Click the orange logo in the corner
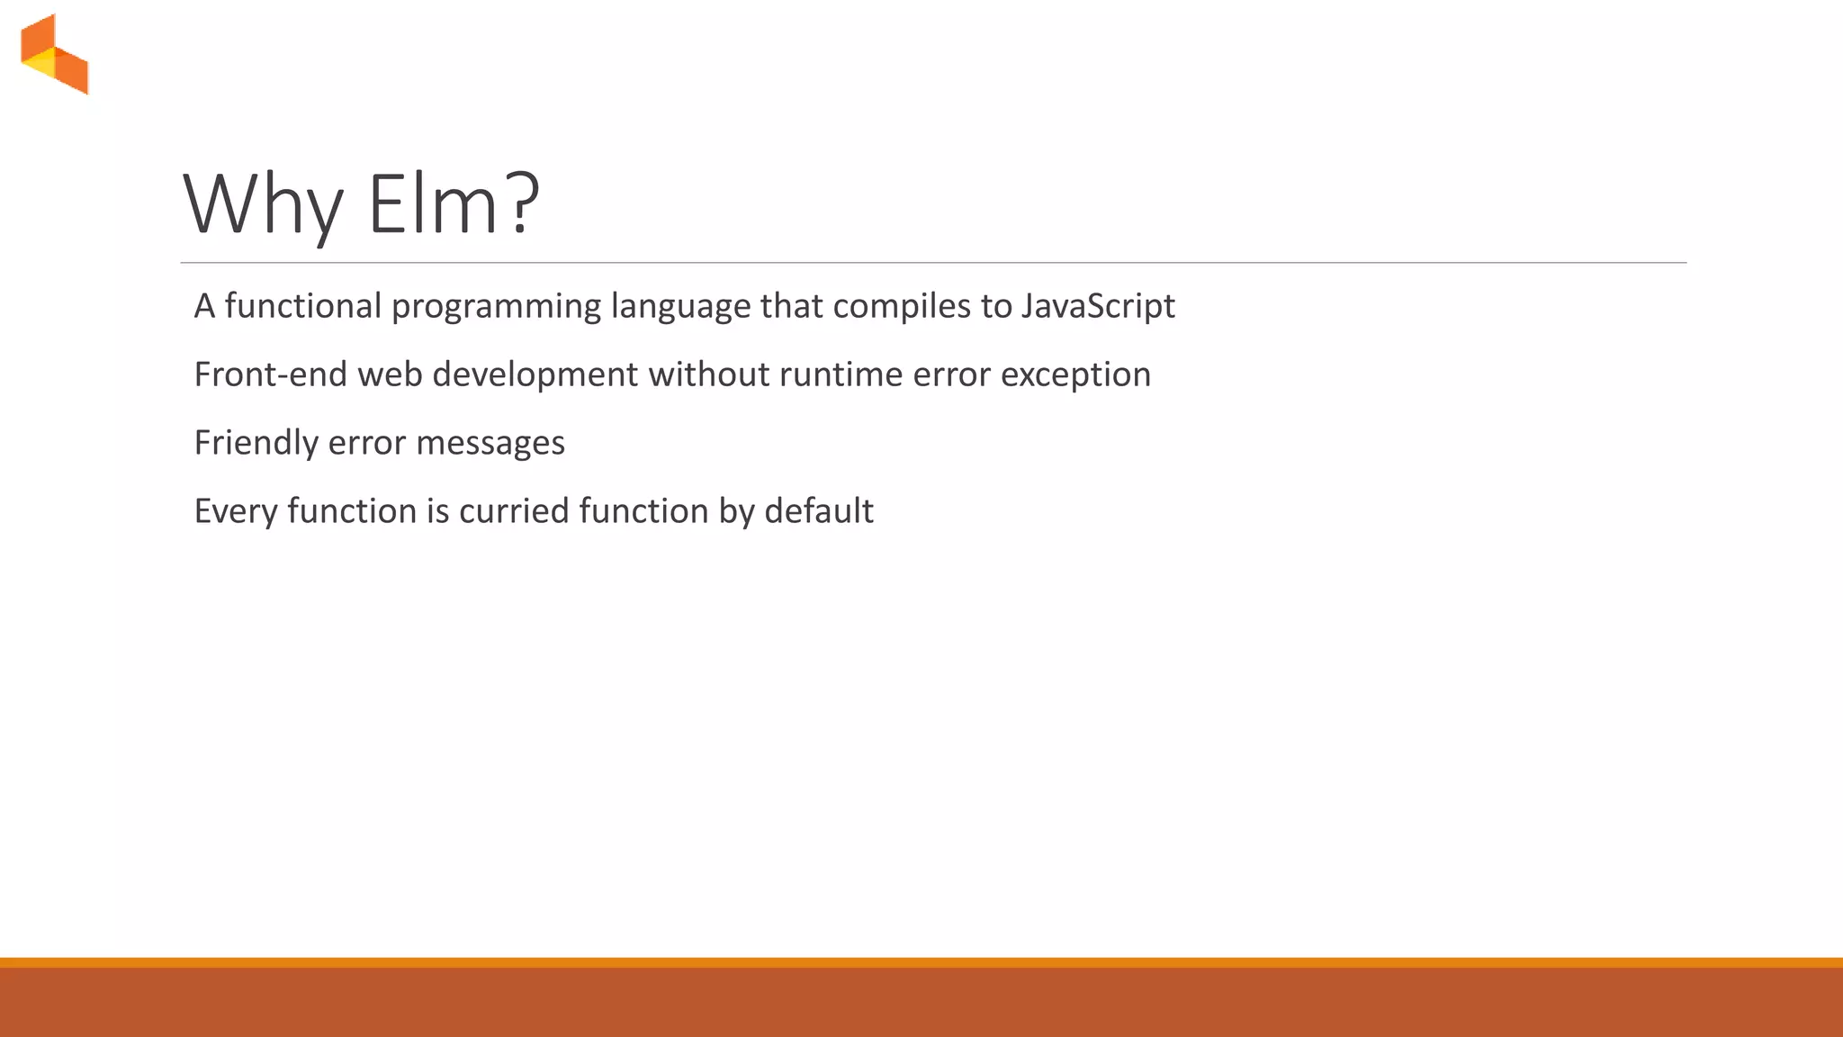54,54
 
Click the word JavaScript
1097,307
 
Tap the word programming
495,307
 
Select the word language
679,307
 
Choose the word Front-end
270,374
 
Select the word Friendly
256,443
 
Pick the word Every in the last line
236,511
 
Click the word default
818,511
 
